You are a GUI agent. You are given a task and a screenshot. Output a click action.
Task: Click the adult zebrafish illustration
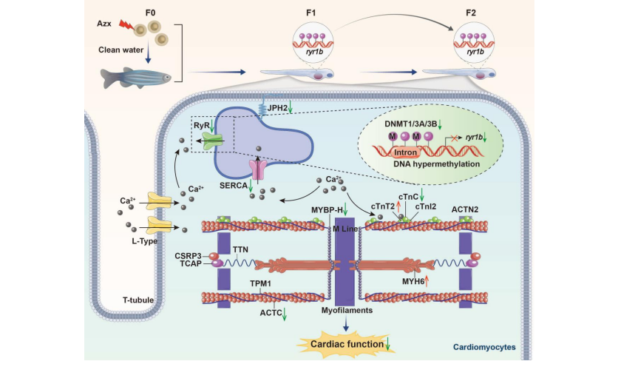pos(137,73)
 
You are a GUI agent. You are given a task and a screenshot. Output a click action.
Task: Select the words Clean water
pos(119,50)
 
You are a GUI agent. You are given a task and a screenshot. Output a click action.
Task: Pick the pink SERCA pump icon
pos(257,168)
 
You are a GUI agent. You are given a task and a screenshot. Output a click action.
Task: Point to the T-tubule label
pos(137,301)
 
